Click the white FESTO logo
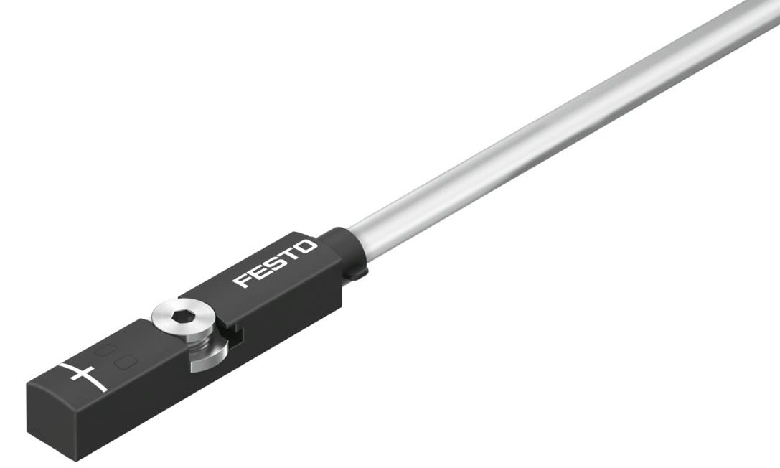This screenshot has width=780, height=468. point(275,263)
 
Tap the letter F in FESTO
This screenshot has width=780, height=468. point(241,280)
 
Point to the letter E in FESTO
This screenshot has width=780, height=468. point(257,271)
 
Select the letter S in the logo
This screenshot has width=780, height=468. point(274,263)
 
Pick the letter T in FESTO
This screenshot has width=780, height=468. point(290,256)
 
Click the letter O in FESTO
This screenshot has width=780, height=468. point(306,248)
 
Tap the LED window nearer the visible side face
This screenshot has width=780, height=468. point(125,362)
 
